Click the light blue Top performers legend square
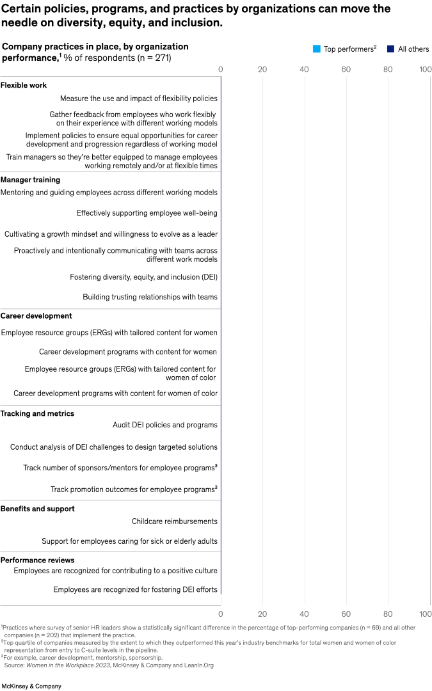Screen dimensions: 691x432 point(316,49)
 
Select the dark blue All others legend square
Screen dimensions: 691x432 point(390,49)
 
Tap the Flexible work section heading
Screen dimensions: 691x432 point(24,85)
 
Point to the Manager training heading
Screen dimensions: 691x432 point(30,180)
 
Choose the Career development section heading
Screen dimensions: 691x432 point(36,315)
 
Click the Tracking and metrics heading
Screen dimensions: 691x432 point(37,413)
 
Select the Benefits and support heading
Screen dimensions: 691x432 point(37,509)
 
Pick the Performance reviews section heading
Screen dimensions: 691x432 point(37,560)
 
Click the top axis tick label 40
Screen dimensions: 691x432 point(304,69)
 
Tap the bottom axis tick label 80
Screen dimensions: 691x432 point(388,614)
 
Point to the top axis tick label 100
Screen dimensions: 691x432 point(425,69)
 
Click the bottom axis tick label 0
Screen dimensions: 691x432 point(221,614)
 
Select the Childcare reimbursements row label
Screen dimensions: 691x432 point(174,521)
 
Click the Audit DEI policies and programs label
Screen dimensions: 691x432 point(164,425)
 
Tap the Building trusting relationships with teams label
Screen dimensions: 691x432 point(150,297)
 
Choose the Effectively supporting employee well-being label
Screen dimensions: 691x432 point(147,213)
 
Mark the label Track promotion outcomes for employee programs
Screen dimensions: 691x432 point(132,489)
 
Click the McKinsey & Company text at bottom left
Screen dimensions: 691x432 point(31,686)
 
